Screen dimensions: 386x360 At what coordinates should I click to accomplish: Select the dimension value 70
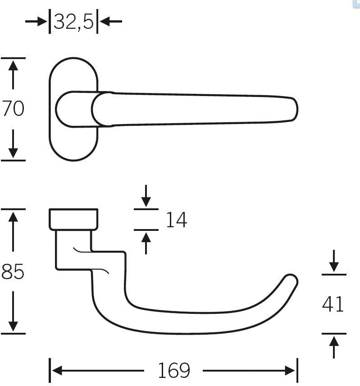(x=13, y=109)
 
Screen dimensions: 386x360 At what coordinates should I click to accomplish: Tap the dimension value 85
(x=13, y=271)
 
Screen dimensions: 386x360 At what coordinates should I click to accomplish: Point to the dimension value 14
(x=176, y=220)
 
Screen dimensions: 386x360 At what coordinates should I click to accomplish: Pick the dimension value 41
(x=333, y=304)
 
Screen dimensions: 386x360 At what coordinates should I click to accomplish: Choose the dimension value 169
(x=173, y=371)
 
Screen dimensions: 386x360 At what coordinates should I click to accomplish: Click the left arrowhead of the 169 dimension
(x=56, y=371)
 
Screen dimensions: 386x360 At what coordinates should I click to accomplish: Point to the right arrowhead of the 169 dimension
(x=291, y=371)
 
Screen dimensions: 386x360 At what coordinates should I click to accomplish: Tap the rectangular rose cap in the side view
(x=73, y=220)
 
